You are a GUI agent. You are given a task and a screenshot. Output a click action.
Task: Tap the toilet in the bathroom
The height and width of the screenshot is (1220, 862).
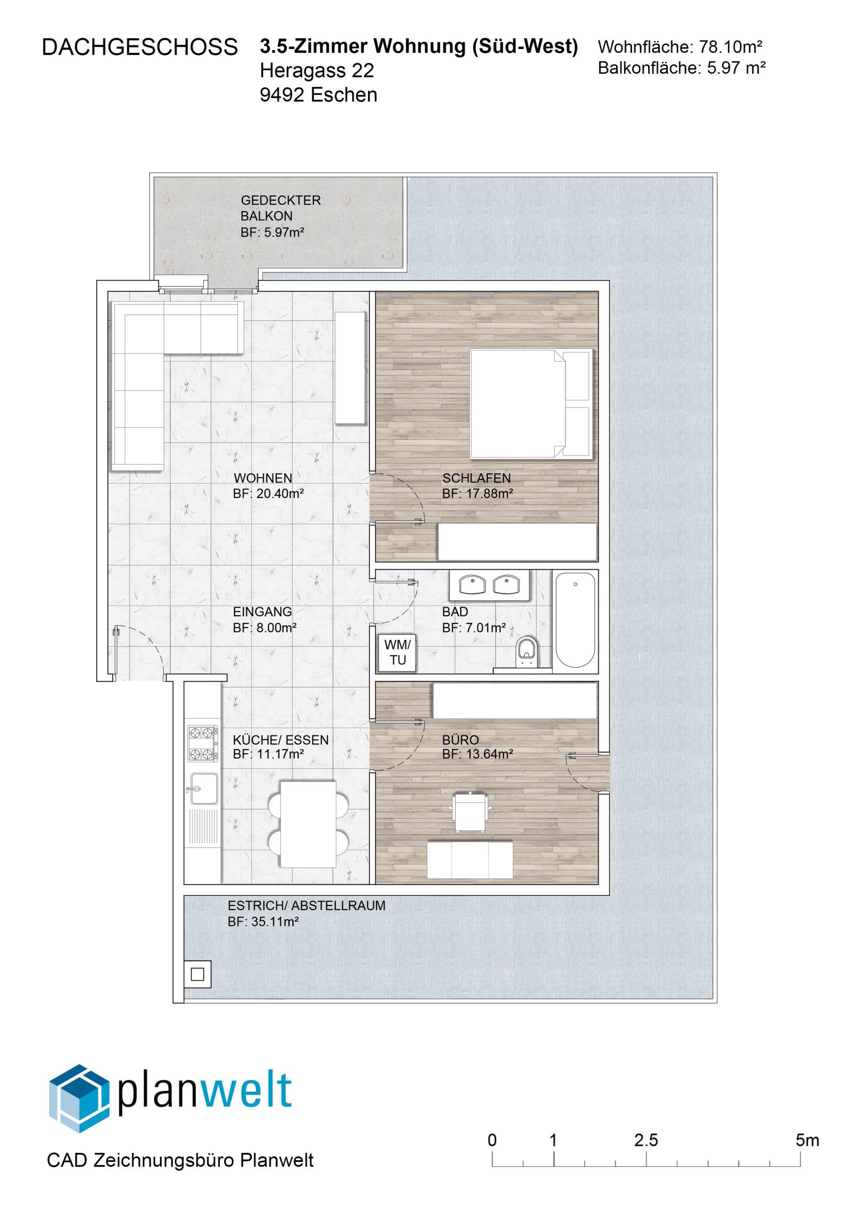pyautogui.click(x=526, y=651)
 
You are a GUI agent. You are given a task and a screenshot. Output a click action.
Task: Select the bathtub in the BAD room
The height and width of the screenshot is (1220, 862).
pyautogui.click(x=575, y=620)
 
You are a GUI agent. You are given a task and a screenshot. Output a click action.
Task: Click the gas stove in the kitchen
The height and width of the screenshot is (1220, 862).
pyautogui.click(x=202, y=743)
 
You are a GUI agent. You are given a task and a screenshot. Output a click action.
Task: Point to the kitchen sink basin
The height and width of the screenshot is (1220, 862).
pyautogui.click(x=204, y=789)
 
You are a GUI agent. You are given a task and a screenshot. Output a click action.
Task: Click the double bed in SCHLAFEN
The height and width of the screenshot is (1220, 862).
pyautogui.click(x=531, y=404)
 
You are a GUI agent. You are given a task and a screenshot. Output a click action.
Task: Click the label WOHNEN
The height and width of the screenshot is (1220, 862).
pyautogui.click(x=263, y=478)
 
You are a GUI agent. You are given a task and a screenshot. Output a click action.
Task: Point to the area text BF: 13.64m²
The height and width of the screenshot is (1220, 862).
pyautogui.click(x=478, y=754)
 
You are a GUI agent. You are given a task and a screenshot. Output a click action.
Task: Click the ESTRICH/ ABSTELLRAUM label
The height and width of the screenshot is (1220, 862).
pyautogui.click(x=306, y=905)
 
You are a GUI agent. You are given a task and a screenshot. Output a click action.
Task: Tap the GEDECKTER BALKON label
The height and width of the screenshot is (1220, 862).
pyautogui.click(x=281, y=208)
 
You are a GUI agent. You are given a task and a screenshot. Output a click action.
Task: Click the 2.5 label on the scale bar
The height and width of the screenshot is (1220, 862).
pyautogui.click(x=646, y=1140)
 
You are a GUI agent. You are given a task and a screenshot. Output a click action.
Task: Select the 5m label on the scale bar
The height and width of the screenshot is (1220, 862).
pyautogui.click(x=807, y=1140)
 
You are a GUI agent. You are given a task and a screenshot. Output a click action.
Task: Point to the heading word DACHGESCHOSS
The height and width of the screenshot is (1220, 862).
pyautogui.click(x=140, y=47)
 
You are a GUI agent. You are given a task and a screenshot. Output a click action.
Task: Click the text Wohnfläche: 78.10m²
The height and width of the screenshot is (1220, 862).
pyautogui.click(x=680, y=47)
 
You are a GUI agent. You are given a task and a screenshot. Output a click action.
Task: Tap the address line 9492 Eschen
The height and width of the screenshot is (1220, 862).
pyautogui.click(x=319, y=94)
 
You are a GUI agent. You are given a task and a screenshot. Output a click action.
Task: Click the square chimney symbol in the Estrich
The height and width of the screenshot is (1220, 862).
pyautogui.click(x=198, y=975)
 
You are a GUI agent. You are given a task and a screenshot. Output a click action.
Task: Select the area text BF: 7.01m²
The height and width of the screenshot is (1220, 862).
pyautogui.click(x=474, y=628)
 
